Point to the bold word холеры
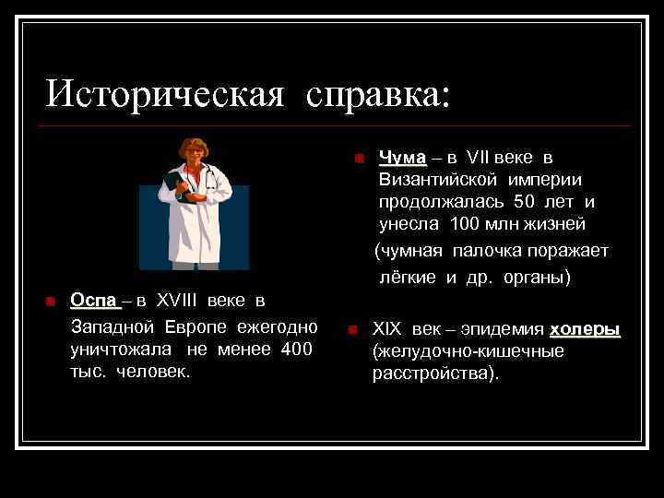tap(585, 330)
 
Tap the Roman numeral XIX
tap(388, 330)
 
